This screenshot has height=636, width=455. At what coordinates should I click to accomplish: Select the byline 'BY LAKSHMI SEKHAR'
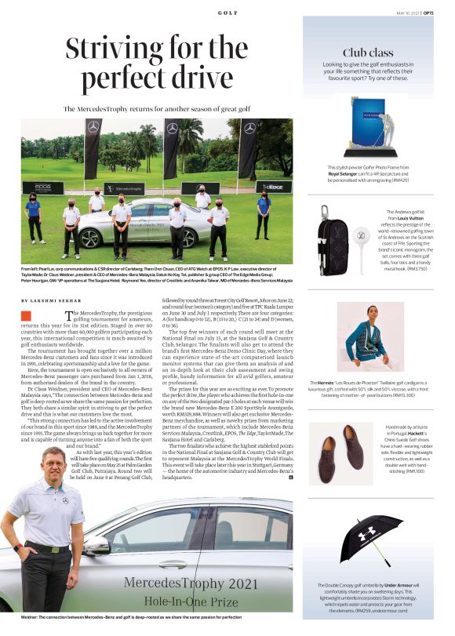[x=51, y=301]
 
